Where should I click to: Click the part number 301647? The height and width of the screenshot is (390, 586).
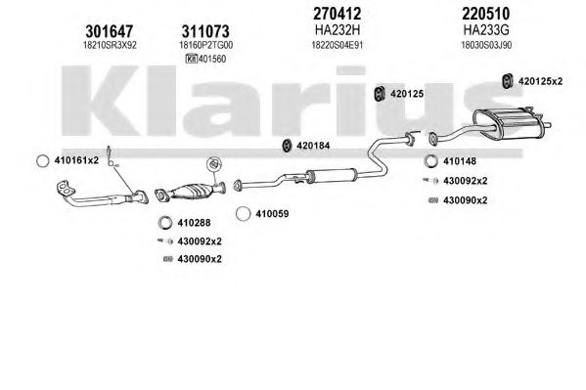(x=110, y=31)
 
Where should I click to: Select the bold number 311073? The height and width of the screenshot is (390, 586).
(x=205, y=31)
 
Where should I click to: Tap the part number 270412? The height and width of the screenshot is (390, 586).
(x=338, y=14)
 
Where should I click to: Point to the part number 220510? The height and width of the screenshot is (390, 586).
(x=486, y=14)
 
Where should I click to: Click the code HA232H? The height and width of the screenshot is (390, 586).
(x=338, y=29)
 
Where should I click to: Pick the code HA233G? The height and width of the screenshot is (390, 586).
(x=486, y=29)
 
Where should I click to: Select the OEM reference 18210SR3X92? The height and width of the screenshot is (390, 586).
(x=110, y=45)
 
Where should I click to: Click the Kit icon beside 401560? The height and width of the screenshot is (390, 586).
(x=192, y=59)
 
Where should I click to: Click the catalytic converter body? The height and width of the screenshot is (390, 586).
(x=192, y=191)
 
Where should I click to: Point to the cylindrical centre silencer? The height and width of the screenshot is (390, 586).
(x=331, y=175)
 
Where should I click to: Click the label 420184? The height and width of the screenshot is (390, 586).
(x=313, y=146)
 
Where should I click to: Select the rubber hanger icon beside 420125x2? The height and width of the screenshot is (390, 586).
(x=507, y=81)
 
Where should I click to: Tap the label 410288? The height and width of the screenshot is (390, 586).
(x=194, y=223)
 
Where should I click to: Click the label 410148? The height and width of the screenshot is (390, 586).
(x=460, y=161)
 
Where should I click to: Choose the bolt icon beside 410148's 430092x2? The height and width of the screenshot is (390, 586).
(x=430, y=181)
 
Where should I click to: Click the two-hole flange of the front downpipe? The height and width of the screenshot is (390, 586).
(x=65, y=188)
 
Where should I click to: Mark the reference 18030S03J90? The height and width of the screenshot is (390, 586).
(x=486, y=45)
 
